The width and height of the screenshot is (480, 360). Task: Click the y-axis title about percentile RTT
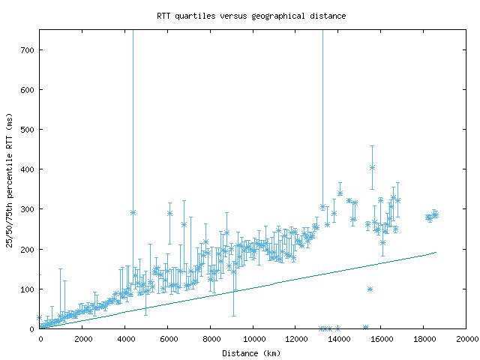10,179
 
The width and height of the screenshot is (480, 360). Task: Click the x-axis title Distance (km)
252,352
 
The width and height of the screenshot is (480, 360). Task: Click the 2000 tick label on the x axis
82,339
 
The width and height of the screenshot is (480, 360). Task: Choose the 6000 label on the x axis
168,339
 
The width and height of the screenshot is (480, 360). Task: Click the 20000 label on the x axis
466,339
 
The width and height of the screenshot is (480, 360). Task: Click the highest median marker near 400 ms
372,167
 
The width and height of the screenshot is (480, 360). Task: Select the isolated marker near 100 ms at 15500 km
370,289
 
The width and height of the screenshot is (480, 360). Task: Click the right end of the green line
436,252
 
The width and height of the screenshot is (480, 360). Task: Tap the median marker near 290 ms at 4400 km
133,212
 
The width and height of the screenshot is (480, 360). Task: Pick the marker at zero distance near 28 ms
40,318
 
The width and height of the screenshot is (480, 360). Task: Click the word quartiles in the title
198,15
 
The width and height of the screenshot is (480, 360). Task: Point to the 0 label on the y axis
34,328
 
